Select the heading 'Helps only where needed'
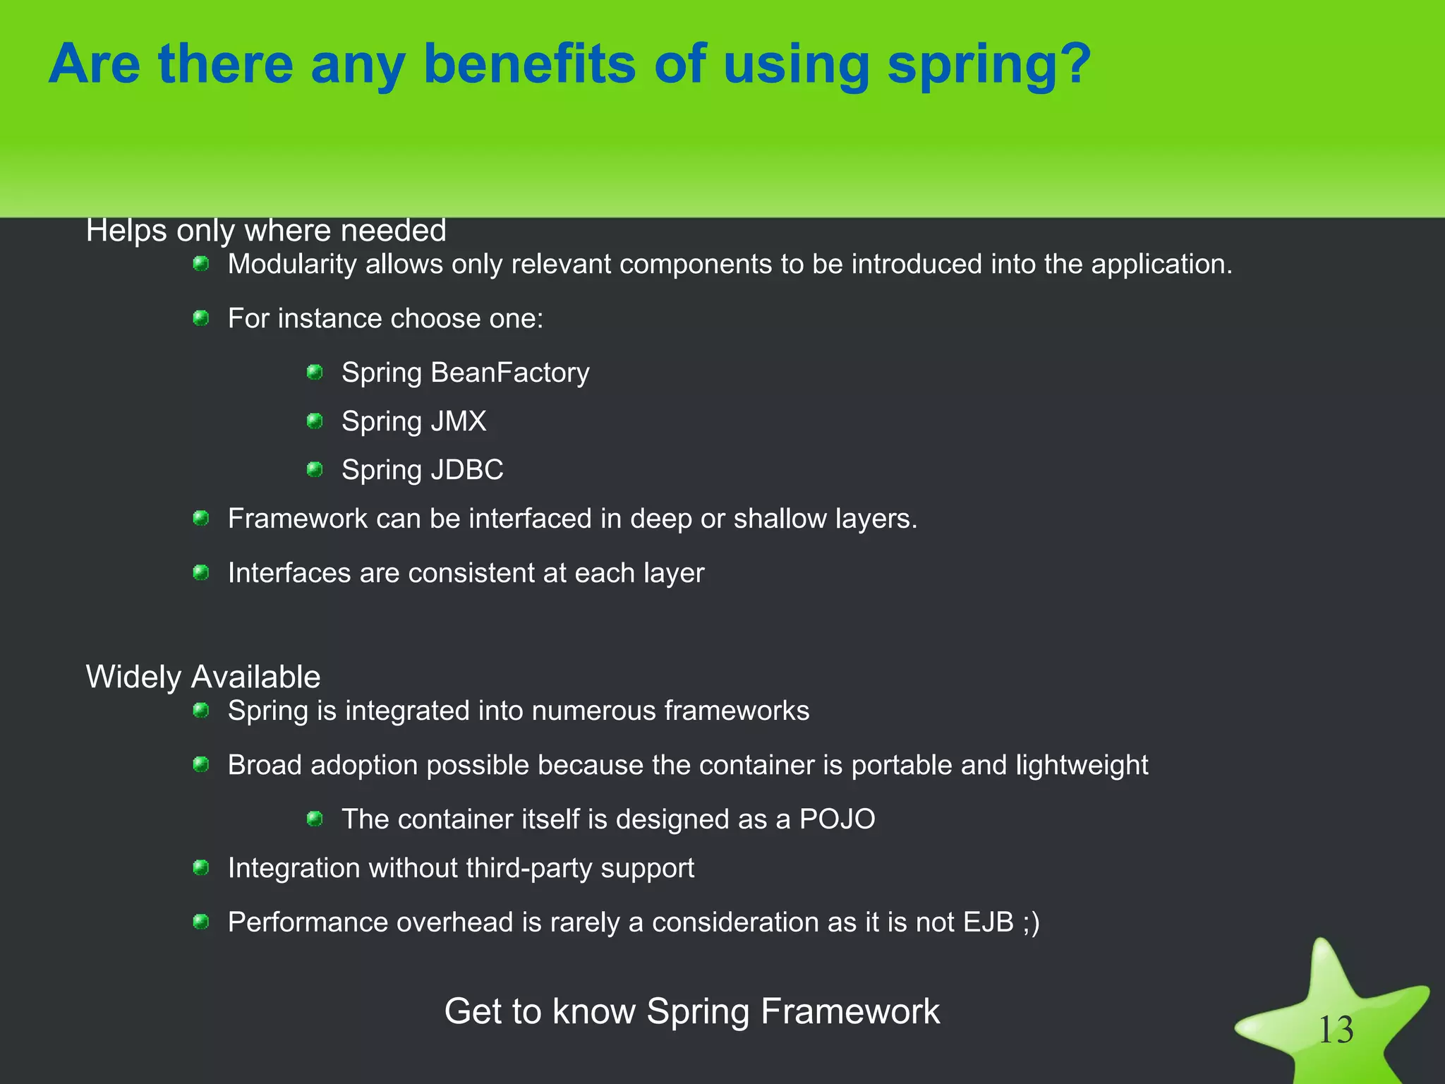[x=266, y=231]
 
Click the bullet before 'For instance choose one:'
[x=201, y=318]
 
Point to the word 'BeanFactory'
[x=509, y=373]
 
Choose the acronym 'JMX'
[x=459, y=421]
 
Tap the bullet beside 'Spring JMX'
[x=315, y=421]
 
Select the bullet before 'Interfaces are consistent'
[x=201, y=572]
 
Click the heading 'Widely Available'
[x=203, y=677]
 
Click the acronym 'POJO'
[x=837, y=819]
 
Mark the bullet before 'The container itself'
[x=315, y=819]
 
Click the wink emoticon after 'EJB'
[x=1031, y=922]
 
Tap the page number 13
[x=1336, y=1030]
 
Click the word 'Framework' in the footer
[x=850, y=1011]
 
